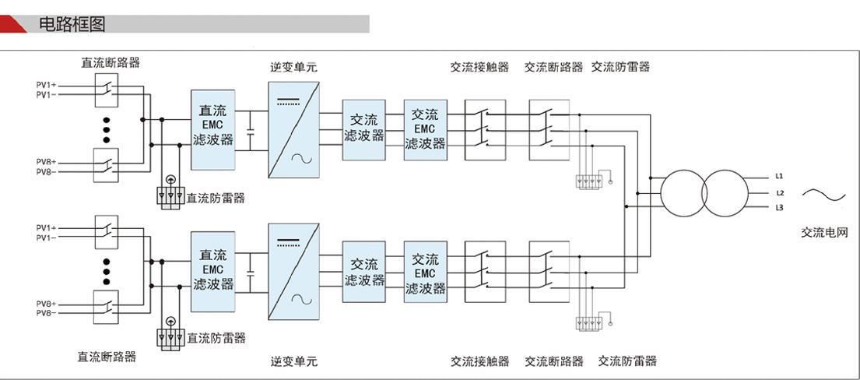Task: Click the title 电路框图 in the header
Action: tap(72, 24)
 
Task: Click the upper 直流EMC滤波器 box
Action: tap(212, 129)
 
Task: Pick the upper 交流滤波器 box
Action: tap(364, 128)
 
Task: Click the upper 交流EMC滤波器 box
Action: tap(426, 129)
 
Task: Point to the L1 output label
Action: tap(780, 176)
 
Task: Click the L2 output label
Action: tap(780, 192)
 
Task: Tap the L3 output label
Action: tap(780, 208)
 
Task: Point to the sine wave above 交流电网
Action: tap(823, 195)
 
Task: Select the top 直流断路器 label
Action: tap(111, 63)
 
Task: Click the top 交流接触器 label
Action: tap(479, 67)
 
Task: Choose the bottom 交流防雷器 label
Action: tap(627, 361)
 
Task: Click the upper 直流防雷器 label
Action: tap(216, 198)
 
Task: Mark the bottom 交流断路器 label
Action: tap(554, 361)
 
